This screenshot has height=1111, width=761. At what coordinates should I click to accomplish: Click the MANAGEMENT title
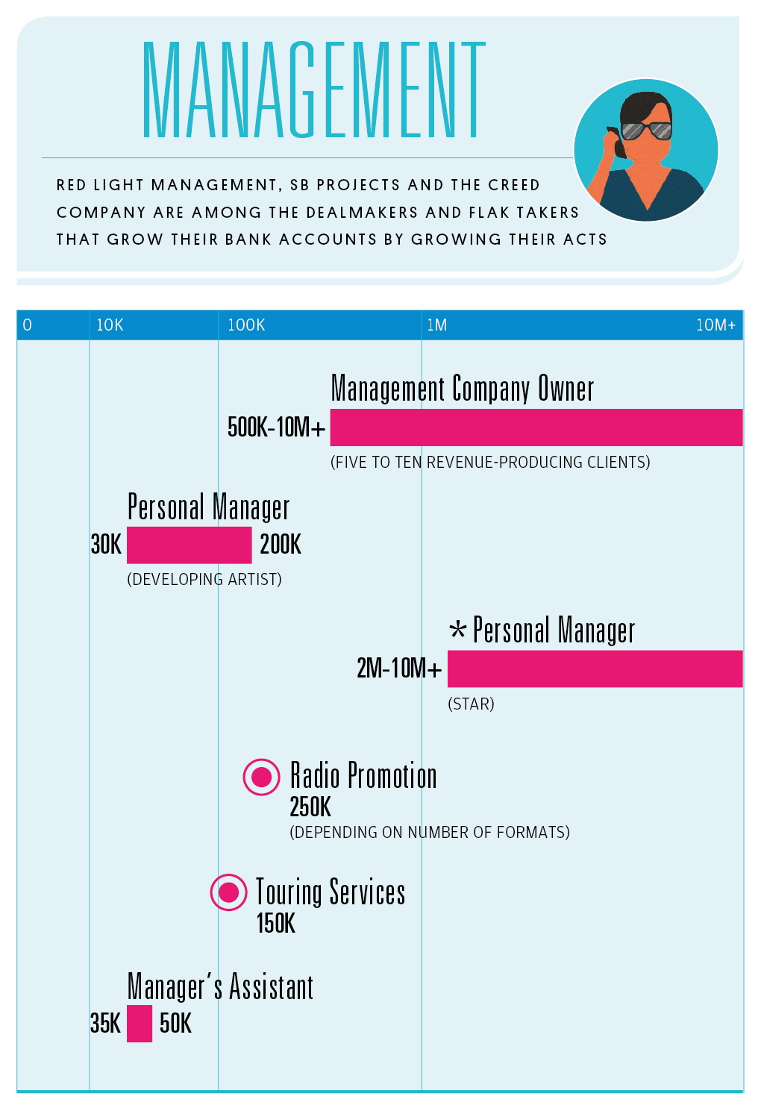[x=313, y=90]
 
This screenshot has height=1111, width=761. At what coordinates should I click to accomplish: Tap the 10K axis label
[x=110, y=325]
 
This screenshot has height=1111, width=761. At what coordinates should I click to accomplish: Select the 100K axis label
[x=246, y=325]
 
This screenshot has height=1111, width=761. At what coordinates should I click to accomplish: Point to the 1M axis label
[x=436, y=325]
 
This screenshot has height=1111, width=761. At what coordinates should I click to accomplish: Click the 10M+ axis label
[x=715, y=325]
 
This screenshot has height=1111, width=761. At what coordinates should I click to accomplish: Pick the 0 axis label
[x=28, y=325]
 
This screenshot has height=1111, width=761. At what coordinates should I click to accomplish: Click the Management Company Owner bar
[x=536, y=428]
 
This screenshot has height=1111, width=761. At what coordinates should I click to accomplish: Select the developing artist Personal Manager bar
[x=189, y=545]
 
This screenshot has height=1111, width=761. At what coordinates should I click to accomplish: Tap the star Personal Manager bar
[x=595, y=669]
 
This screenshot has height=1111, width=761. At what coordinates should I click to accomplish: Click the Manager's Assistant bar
[x=140, y=1023]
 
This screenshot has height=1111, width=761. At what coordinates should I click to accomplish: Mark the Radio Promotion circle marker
[x=262, y=777]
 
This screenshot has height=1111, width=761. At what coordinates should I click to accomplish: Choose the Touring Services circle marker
[x=228, y=892]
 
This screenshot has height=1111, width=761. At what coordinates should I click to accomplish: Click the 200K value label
[x=281, y=545]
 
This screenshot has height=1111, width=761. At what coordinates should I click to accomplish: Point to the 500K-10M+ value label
[x=276, y=428]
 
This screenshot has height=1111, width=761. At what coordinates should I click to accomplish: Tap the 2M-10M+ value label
[x=398, y=669]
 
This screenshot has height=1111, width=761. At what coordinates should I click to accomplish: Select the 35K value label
[x=105, y=1023]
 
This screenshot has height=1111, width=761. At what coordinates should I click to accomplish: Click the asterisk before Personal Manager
[x=457, y=630]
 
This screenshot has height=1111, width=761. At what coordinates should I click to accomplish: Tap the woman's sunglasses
[x=647, y=131]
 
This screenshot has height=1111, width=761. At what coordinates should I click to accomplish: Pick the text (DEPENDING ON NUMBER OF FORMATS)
[x=429, y=833]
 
